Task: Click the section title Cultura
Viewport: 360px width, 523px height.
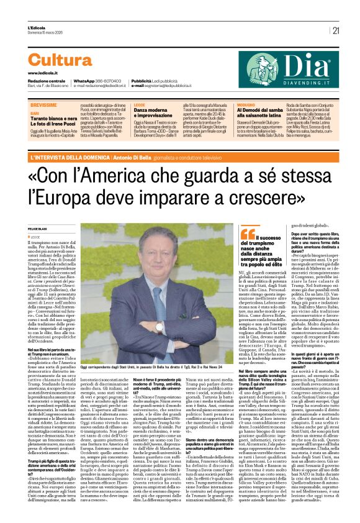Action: coord(60,60)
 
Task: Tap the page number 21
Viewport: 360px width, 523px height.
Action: coord(336,30)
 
